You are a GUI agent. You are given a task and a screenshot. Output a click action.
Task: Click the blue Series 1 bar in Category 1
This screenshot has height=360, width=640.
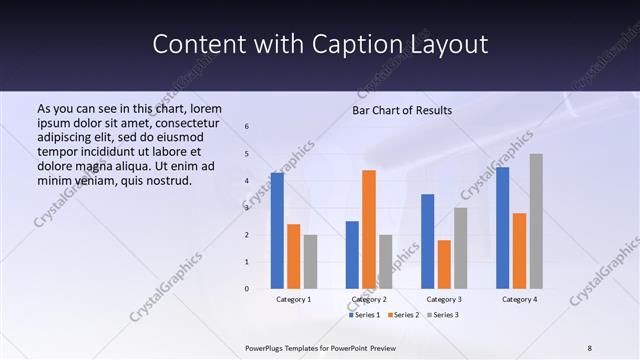[x=277, y=231]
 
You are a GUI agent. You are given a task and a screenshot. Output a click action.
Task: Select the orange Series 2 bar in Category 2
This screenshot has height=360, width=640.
[x=369, y=229]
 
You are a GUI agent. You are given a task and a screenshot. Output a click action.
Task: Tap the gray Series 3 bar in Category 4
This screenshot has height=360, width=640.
[x=536, y=221]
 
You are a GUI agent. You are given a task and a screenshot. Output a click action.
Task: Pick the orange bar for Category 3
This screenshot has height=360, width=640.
[x=444, y=264]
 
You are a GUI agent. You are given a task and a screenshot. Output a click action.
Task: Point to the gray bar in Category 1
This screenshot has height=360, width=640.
[x=310, y=262]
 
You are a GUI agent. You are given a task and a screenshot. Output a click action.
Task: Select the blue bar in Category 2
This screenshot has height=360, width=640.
[x=352, y=255]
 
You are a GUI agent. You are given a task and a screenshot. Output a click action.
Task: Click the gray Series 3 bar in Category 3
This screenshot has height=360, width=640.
[x=460, y=248]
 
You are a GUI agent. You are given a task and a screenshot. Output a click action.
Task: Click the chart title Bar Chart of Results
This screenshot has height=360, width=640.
[x=402, y=110]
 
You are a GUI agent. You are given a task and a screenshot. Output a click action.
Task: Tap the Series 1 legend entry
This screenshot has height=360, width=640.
[x=364, y=315]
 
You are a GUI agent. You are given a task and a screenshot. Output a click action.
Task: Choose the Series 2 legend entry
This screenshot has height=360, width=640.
[x=403, y=315]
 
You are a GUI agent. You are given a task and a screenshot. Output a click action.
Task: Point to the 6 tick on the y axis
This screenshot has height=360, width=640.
[x=247, y=127]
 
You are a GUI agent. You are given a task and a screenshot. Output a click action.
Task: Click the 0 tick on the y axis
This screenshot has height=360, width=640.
[x=247, y=289]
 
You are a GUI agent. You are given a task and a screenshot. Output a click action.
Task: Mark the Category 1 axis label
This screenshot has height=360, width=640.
[x=294, y=299]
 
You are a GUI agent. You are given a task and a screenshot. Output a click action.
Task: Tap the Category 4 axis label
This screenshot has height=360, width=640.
[x=519, y=299]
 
